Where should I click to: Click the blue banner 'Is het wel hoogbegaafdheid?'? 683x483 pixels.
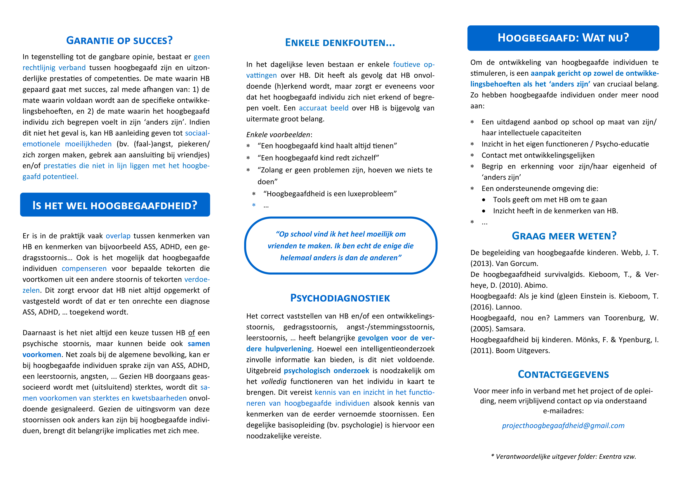[x=115, y=205]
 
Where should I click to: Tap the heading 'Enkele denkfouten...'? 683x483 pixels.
[x=340, y=43]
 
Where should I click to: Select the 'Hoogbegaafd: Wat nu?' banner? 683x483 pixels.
[x=563, y=38]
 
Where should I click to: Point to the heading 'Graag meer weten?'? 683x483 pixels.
[x=564, y=236]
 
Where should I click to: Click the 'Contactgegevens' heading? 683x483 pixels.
[x=563, y=374]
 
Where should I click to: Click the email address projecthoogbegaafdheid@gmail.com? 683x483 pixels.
[x=563, y=425]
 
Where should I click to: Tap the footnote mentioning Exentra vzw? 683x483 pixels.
[x=563, y=456]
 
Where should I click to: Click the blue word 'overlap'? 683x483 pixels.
[x=118, y=236]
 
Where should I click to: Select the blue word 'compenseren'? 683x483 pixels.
[x=84, y=269]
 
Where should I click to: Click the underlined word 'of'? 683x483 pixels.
[x=192, y=333]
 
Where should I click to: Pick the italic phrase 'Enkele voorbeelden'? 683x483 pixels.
[x=278, y=135]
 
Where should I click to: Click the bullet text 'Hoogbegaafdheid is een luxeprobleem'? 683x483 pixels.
[x=330, y=194]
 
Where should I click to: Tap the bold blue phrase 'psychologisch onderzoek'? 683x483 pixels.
[x=326, y=371]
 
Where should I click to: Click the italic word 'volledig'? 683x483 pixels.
[x=274, y=382]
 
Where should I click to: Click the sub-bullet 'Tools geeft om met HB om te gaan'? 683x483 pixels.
[x=550, y=199]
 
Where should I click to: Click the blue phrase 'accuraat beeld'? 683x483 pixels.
[x=323, y=108]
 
